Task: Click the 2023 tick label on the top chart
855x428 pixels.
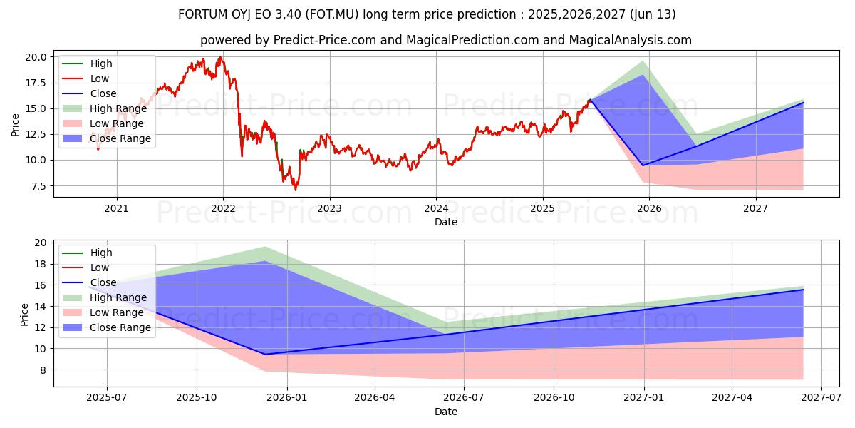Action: point(329,208)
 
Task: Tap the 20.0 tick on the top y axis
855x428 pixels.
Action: point(37,57)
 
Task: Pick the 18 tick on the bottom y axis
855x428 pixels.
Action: point(41,264)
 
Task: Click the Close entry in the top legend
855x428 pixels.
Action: point(103,93)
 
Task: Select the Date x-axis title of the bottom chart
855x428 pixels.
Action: point(446,412)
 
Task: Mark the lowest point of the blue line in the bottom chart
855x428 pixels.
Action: point(265,355)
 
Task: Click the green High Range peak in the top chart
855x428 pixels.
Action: point(643,61)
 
